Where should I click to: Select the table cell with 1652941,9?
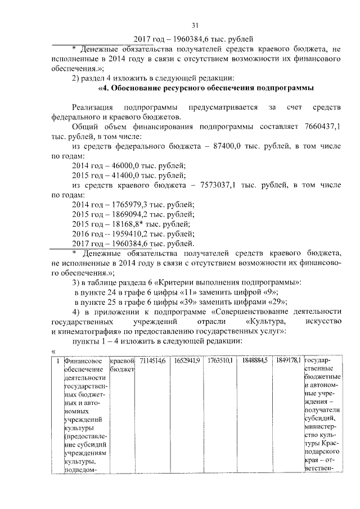click(x=186, y=360)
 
